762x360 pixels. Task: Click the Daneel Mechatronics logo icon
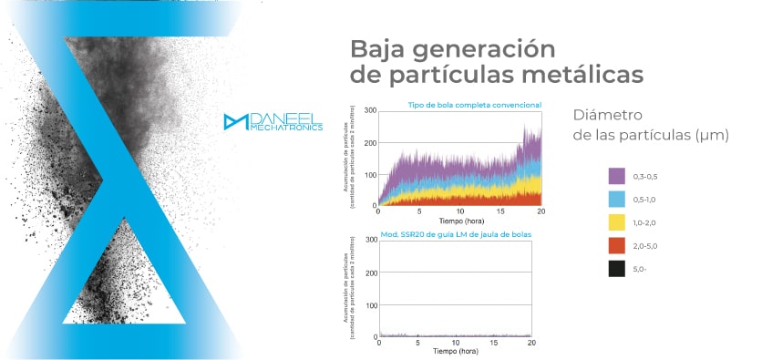235,122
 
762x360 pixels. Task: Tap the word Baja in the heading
380,46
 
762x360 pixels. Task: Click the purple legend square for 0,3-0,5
616,175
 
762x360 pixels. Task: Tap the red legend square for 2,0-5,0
616,245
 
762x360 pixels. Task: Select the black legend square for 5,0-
616,269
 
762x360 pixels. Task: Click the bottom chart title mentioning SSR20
455,235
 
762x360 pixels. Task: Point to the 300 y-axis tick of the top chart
370,110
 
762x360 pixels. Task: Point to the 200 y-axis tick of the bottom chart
370,273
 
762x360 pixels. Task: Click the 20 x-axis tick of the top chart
541,212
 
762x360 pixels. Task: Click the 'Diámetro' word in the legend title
608,115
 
